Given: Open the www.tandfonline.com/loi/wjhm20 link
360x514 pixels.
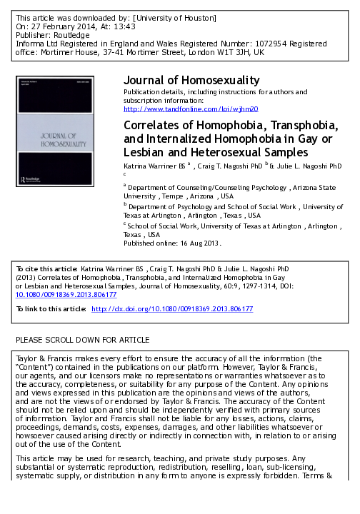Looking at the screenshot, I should pyautogui.click(x=191, y=109).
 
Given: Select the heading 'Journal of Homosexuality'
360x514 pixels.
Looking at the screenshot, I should pyautogui.click(x=191, y=80).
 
